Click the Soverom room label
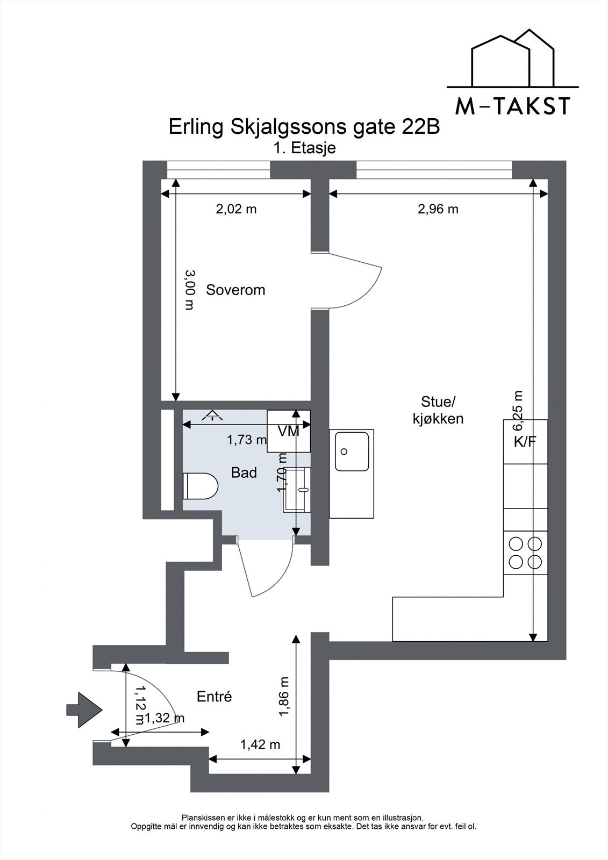[235, 290]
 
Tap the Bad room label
[244, 473]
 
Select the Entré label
[214, 697]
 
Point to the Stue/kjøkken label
[438, 410]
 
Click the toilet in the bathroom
[201, 486]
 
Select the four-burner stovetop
[525, 553]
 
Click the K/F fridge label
[525, 442]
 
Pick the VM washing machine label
[289, 431]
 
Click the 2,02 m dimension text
[236, 209]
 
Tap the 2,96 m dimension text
[438, 209]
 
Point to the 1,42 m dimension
[260, 744]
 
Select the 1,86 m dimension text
[284, 697]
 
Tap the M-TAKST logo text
[512, 107]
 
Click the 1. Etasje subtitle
[304, 148]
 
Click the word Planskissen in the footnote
[201, 818]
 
